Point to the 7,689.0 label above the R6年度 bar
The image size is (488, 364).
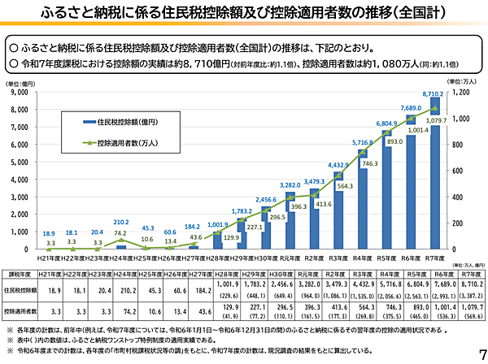[410, 107]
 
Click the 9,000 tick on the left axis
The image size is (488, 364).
[18, 93]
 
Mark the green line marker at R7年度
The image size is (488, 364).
[435, 108]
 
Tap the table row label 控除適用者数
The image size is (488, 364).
[21, 310]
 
